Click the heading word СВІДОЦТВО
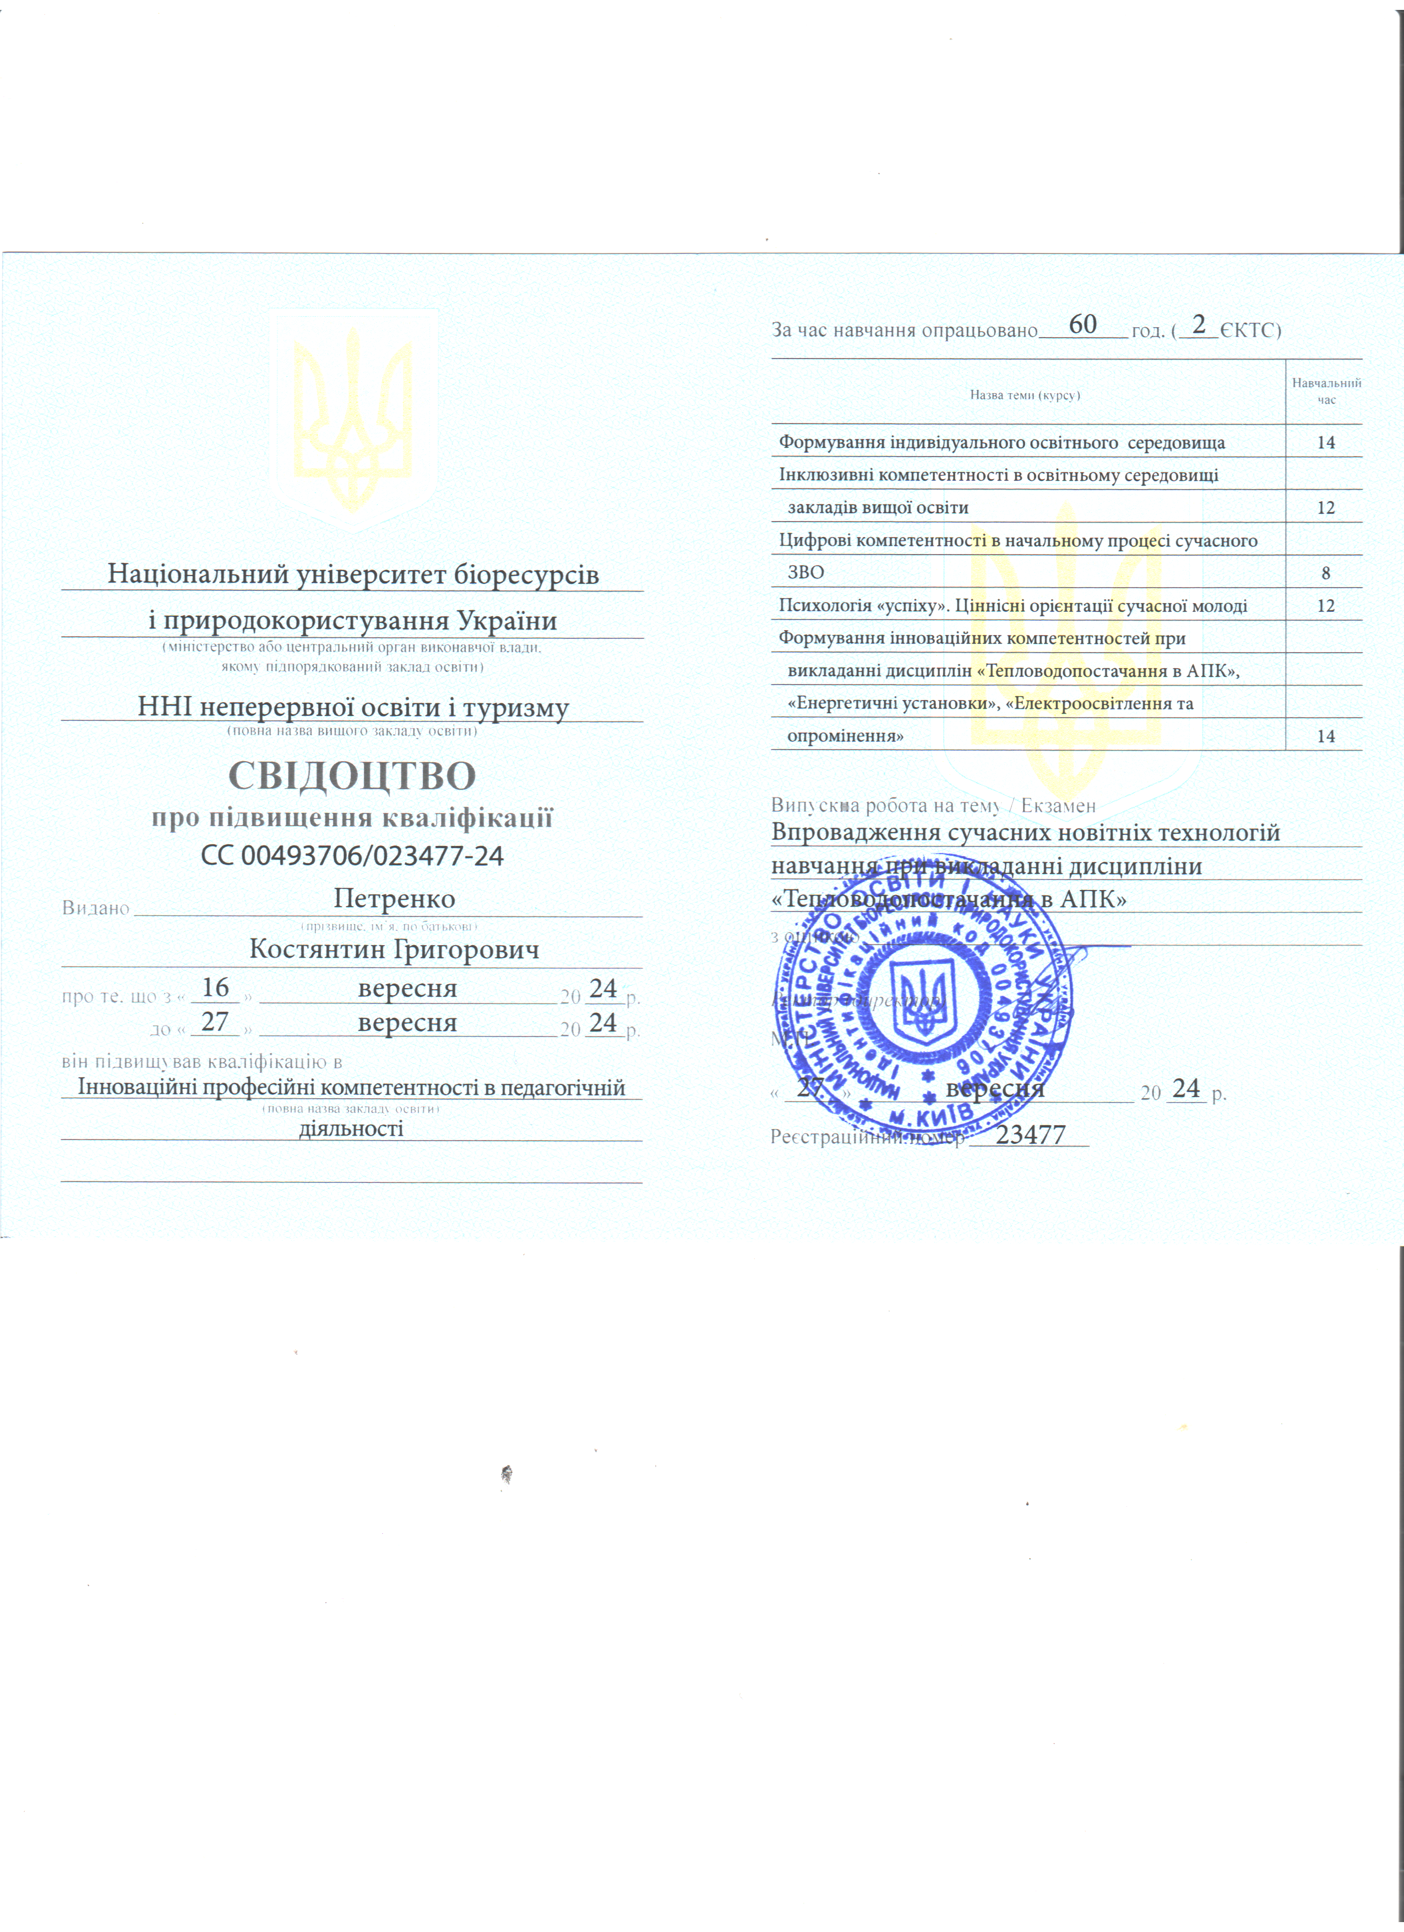[352, 775]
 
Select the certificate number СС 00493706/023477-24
[352, 855]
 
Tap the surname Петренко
[394, 899]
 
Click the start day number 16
[215, 987]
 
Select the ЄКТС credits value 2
[1199, 324]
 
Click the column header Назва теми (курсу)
[1025, 395]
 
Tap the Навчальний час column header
[1326, 391]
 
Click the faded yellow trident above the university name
[352, 417]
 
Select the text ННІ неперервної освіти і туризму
[353, 707]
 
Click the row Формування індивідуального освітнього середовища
[1002, 443]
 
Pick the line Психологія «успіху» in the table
[1013, 606]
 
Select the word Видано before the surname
[95, 908]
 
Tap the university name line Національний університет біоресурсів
[353, 574]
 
